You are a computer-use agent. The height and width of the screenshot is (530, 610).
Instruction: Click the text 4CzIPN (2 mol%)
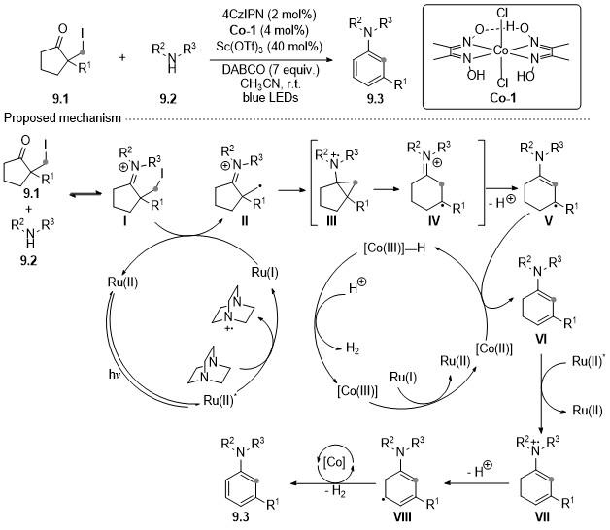click(x=269, y=15)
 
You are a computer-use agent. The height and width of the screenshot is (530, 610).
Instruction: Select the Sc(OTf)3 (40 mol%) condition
click(x=269, y=47)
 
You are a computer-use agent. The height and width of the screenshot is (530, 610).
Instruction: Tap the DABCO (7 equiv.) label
click(x=270, y=70)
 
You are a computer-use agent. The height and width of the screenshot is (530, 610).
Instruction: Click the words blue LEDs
click(x=270, y=97)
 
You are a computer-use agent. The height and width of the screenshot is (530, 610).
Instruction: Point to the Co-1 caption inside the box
click(x=502, y=98)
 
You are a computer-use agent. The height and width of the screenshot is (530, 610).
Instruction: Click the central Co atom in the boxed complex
click(x=502, y=50)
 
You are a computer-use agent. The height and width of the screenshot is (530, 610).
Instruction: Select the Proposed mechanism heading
click(x=62, y=117)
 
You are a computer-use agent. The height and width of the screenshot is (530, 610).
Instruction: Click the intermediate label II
click(x=245, y=221)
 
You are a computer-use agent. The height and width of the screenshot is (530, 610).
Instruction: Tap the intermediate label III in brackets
click(x=331, y=221)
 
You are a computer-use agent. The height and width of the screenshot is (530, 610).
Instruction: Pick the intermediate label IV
click(x=433, y=221)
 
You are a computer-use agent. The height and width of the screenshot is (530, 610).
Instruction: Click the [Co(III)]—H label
click(x=394, y=248)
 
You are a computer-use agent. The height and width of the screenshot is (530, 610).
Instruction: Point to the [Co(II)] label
click(x=494, y=348)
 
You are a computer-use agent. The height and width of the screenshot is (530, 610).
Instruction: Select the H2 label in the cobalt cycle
click(x=352, y=348)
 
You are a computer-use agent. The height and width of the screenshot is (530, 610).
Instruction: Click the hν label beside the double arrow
click(x=115, y=375)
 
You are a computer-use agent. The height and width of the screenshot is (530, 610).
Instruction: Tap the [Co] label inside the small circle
click(x=334, y=461)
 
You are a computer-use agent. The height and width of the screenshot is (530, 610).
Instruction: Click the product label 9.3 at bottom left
click(x=241, y=516)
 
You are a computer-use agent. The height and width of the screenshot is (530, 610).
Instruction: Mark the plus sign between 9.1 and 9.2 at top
click(x=122, y=57)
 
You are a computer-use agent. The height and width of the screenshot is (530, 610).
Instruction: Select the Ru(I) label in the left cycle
click(x=264, y=272)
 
